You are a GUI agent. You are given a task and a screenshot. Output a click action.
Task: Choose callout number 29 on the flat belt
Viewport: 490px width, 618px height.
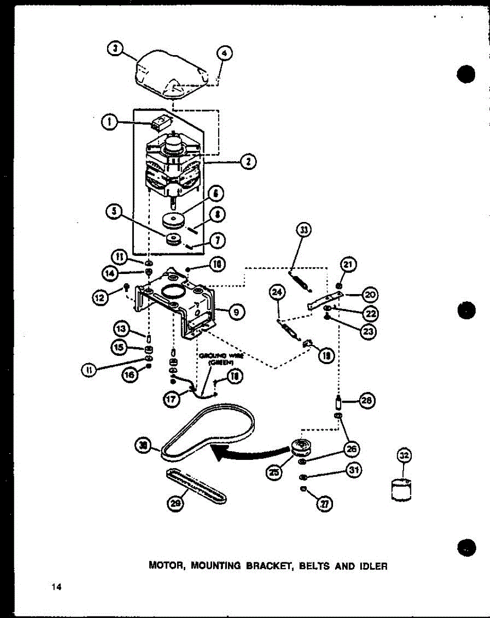(x=176, y=505)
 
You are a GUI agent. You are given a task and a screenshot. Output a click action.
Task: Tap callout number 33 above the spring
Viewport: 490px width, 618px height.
(x=304, y=231)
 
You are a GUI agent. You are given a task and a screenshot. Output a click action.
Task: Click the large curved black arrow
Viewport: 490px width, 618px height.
(x=242, y=453)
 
